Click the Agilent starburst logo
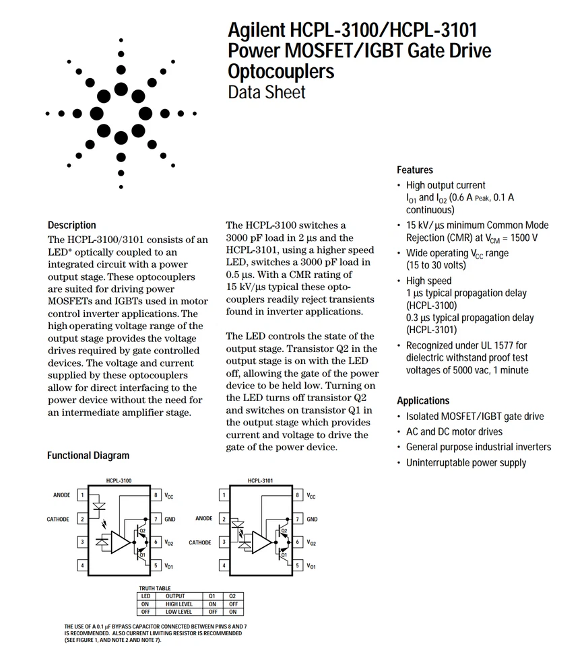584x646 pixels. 121,112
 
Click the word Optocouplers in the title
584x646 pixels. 281,71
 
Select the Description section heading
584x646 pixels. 72,225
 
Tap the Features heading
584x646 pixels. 415,170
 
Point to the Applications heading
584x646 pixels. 423,400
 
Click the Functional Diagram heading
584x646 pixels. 88,456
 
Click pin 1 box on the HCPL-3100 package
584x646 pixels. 82,495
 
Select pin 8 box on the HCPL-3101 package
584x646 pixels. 298,495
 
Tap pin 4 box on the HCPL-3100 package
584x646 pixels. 82,566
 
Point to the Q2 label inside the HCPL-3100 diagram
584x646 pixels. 142,531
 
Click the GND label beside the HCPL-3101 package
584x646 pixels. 313,519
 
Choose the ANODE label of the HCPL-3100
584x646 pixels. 61,495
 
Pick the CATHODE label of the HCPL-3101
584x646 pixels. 200,542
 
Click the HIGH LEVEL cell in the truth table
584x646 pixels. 179,604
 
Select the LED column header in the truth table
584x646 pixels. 145,596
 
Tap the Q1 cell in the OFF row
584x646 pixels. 212,612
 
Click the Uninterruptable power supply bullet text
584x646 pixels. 466,462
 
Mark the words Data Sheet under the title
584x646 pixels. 267,92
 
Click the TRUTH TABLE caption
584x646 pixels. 155,588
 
